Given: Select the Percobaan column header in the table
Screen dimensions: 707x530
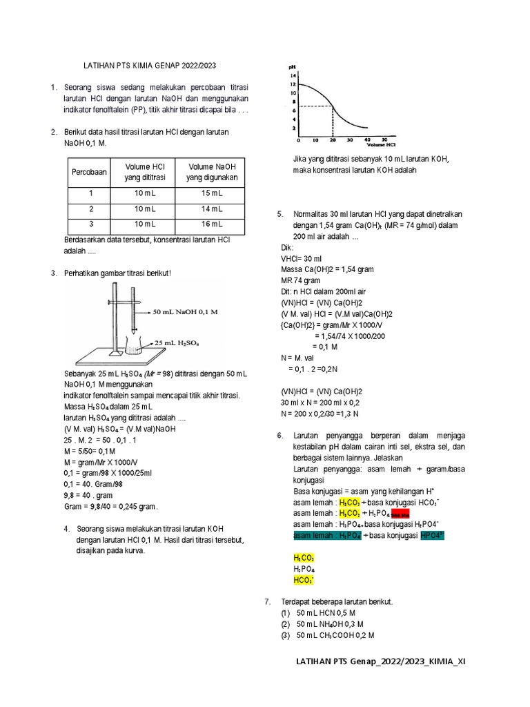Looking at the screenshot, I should tap(89, 172).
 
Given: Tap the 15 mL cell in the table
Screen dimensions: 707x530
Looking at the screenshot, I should tap(211, 193).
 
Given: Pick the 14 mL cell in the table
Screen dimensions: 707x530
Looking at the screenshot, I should tap(211, 209).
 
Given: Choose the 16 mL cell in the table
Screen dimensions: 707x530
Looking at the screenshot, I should tap(211, 224).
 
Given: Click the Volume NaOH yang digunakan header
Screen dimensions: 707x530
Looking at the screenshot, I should tap(211, 172).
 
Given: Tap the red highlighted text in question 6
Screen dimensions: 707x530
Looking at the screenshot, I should tap(401, 515).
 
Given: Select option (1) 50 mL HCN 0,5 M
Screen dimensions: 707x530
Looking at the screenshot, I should tap(325, 612).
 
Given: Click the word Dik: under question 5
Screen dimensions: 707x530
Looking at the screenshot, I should tap(287, 246).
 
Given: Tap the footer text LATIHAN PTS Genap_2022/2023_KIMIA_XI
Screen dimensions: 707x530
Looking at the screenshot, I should tap(380, 661).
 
